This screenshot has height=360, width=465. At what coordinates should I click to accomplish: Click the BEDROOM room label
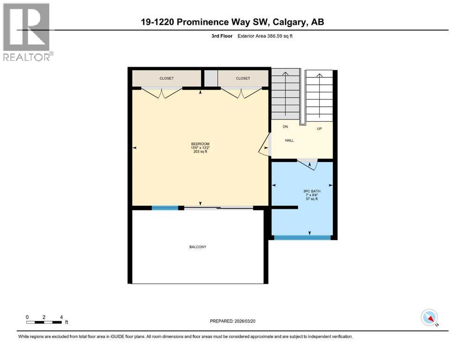pos(200,143)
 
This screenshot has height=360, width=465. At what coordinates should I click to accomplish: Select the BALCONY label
pos(198,247)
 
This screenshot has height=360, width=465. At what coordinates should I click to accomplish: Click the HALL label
pos(289,140)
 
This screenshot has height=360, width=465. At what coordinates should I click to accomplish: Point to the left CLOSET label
pos(166,78)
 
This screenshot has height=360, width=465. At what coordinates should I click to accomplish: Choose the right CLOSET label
pos(243,78)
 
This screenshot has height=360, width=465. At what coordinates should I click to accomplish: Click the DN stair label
pos(285,127)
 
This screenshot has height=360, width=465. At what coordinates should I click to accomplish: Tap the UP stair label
pos(319,128)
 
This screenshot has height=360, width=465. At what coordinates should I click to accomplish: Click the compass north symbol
pos(429,317)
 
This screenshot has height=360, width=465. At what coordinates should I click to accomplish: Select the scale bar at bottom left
pos(44,322)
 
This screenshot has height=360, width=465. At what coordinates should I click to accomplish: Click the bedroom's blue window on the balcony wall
pos(165,208)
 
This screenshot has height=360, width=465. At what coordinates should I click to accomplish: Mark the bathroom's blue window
pos(303,238)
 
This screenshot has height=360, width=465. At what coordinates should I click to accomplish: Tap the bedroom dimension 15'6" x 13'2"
pos(200,148)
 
